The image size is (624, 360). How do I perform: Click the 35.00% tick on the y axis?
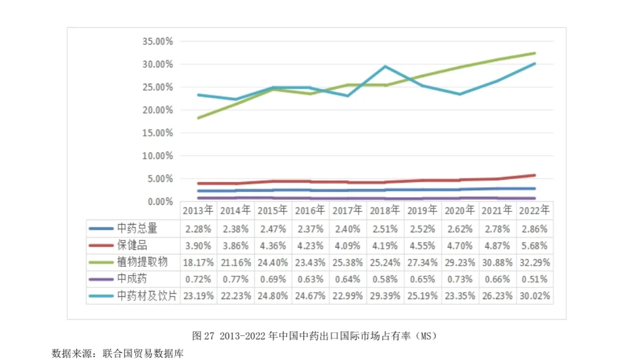[157, 42]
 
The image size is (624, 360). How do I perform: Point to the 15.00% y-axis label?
[157, 133]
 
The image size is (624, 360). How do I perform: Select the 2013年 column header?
[197, 210]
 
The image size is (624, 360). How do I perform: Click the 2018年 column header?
[385, 210]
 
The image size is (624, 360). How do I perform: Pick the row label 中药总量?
[138, 228]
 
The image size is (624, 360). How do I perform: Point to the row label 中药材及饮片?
[146, 296]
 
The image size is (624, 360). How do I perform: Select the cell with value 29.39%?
[385, 296]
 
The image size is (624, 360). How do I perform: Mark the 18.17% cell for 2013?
[197, 262]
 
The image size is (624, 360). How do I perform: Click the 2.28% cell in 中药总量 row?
[197, 228]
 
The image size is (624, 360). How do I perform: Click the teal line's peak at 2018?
[385, 66]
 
